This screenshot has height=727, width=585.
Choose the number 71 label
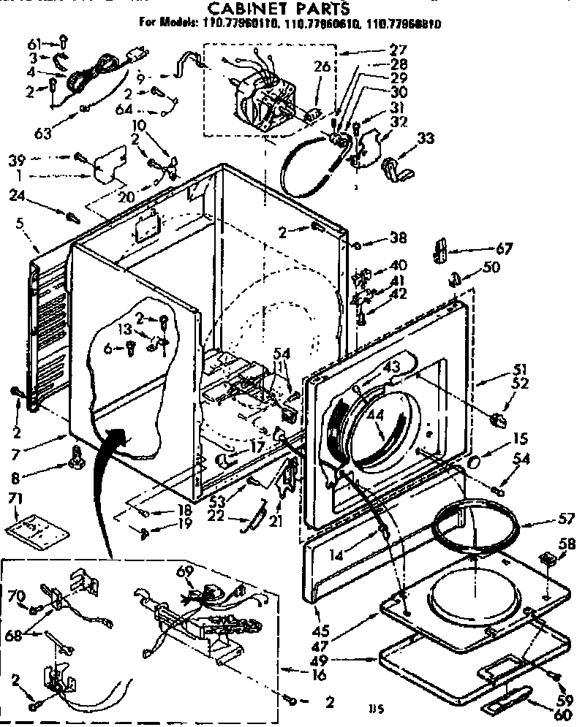click(14, 498)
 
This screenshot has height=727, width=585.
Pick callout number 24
click(19, 194)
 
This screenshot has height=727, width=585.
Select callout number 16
click(319, 676)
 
